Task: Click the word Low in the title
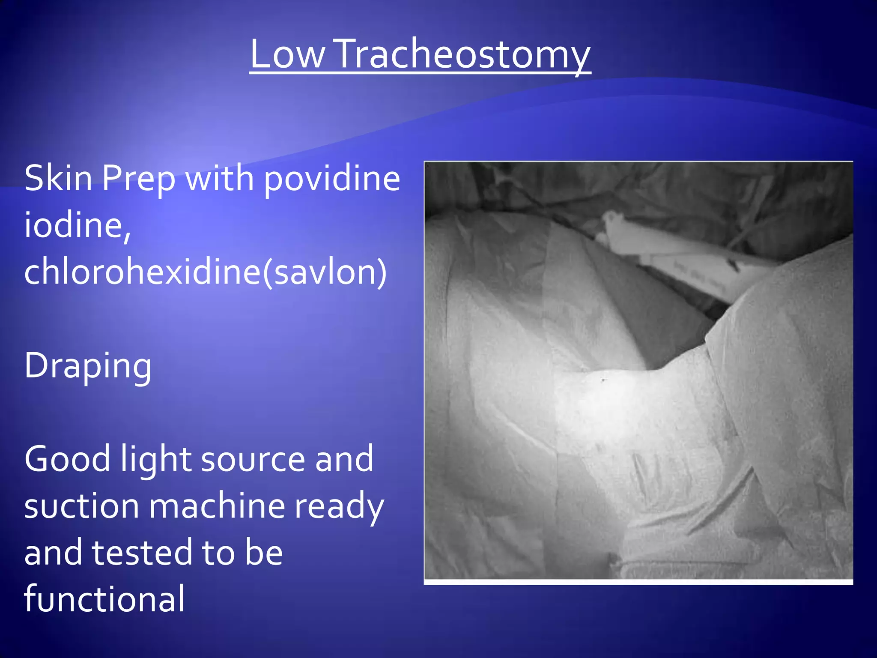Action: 287,54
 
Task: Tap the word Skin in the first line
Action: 58,178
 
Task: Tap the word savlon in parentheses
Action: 325,272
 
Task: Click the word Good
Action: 67,459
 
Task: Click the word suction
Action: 82,506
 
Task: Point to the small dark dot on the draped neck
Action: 603,380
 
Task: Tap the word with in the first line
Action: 220,178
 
